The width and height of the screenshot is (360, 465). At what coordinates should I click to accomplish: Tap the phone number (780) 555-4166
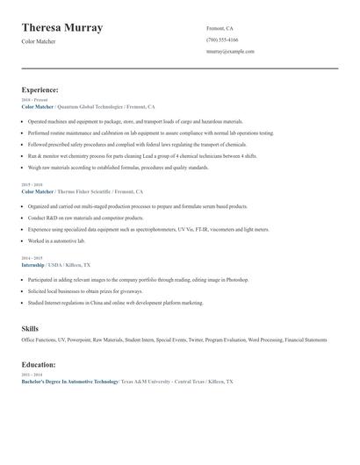tap(222, 39)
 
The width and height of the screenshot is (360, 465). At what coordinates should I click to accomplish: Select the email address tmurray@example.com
tap(230, 52)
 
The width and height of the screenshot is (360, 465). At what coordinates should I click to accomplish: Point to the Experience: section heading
tap(40, 89)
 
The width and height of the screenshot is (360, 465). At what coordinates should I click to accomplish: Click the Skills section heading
tap(30, 327)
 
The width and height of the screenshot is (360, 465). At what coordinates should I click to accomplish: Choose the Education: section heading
tap(39, 365)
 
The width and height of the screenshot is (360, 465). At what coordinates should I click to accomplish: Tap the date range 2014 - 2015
tap(32, 258)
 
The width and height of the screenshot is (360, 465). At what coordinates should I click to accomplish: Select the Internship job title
tap(33, 264)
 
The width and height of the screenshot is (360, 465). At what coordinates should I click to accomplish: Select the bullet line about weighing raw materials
tap(118, 167)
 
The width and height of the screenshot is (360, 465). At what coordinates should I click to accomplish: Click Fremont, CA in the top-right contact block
tap(220, 28)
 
